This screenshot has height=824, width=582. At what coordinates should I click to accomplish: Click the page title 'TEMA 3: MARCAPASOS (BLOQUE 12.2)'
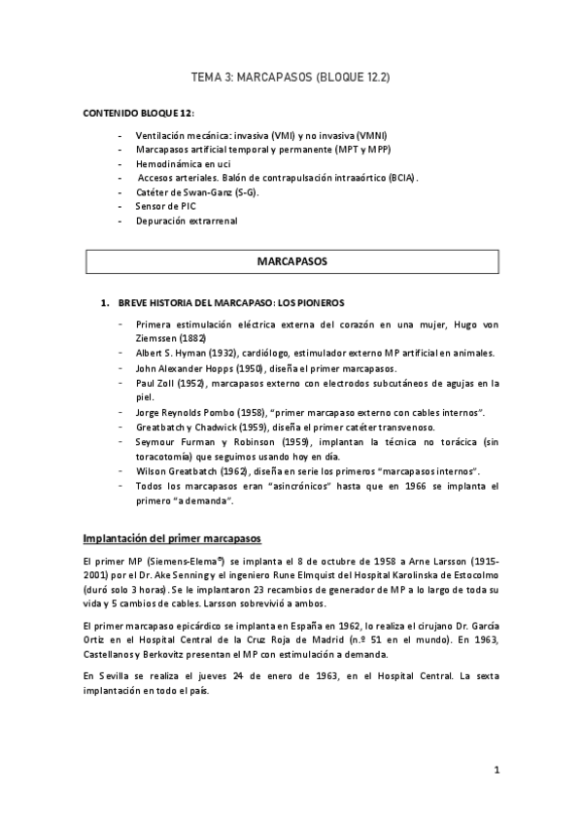[291, 76]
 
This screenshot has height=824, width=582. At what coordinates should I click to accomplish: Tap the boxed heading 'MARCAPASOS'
[291, 262]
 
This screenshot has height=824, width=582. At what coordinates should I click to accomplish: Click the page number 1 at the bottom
[496, 771]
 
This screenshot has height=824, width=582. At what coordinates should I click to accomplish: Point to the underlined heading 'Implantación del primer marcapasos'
[171, 538]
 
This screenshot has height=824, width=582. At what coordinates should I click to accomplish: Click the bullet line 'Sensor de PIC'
[165, 206]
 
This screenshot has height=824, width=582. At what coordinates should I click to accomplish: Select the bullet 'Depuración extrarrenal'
[186, 221]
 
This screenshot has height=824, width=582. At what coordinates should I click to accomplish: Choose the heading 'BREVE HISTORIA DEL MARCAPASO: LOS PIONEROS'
[231, 303]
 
